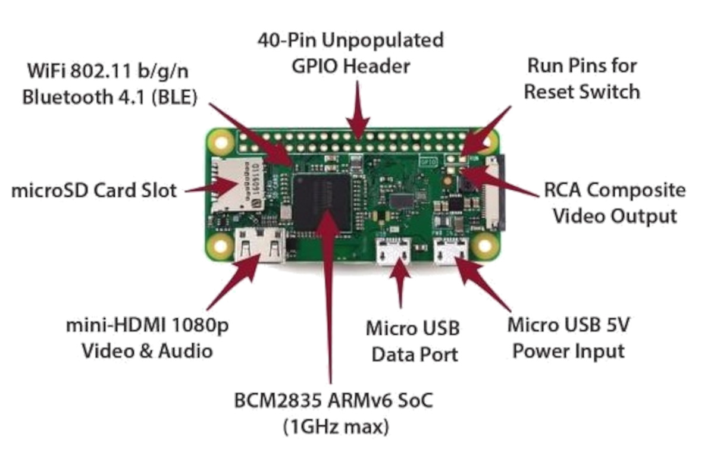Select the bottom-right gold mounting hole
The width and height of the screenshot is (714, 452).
pyautogui.click(x=486, y=245)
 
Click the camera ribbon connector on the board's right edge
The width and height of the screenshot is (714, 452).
pyautogui.click(x=494, y=193)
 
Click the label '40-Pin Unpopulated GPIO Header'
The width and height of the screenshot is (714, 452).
pyautogui.click(x=350, y=53)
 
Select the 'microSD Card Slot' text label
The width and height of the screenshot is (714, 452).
pyautogui.click(x=94, y=191)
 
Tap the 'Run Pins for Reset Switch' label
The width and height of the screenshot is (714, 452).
pyautogui.click(x=583, y=78)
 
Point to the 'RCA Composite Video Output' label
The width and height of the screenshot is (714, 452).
pyautogui.click(x=615, y=203)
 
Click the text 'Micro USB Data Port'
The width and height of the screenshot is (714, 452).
pyautogui.click(x=413, y=341)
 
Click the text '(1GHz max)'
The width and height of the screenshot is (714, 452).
pyautogui.click(x=332, y=426)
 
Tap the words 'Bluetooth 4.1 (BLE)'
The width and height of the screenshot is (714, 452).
pyautogui.click(x=109, y=96)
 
